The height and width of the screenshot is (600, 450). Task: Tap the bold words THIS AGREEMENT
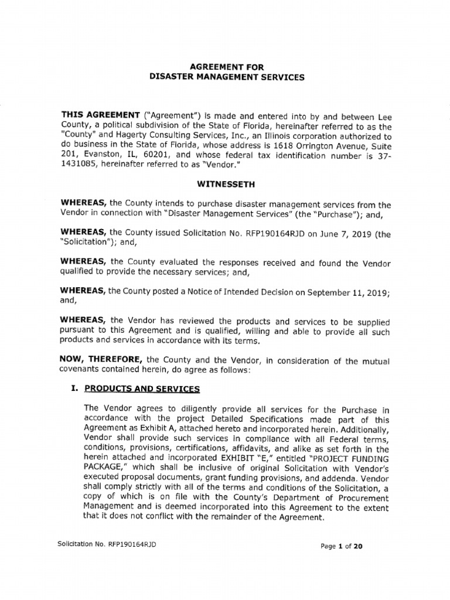[98, 115]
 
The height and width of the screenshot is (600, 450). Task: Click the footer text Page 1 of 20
[343, 547]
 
